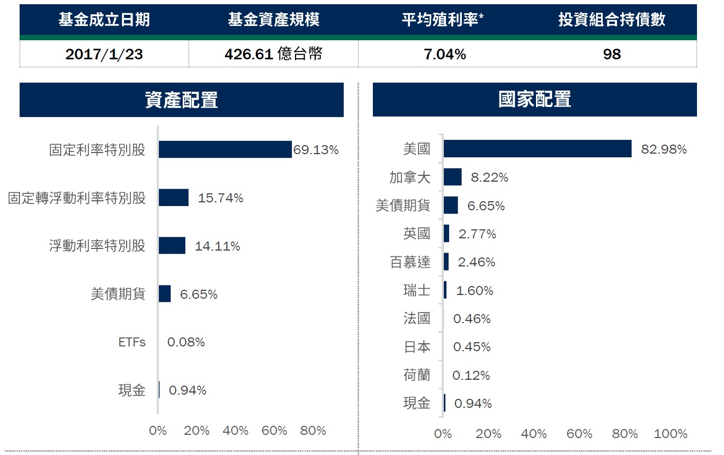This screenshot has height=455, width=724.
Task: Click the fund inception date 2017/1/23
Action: point(104,54)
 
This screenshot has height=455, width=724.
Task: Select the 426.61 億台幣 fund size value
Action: point(273,53)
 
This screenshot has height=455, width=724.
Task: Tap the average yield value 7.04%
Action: point(445,54)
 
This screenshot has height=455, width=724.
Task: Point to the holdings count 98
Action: point(612,54)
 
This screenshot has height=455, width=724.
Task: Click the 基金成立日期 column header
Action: point(104,20)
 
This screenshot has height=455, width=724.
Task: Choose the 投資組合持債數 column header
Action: point(612,20)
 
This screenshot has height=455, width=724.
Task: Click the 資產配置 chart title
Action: point(181,100)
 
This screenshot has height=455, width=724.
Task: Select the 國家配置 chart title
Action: point(534,99)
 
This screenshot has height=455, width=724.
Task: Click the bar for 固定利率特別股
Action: point(225,149)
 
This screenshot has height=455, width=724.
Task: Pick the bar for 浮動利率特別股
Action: point(172,246)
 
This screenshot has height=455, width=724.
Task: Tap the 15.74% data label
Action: point(220,198)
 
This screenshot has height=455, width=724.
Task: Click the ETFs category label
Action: point(132,342)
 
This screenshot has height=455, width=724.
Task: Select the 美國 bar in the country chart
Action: point(538,149)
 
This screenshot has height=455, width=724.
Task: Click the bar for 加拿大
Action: point(452,177)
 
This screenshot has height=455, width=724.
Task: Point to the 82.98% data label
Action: point(664,149)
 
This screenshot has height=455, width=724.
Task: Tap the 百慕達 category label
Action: point(410,262)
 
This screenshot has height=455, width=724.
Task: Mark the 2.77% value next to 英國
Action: point(477,234)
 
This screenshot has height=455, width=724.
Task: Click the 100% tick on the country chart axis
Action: point(671,434)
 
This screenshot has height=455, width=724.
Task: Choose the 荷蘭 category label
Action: point(417,375)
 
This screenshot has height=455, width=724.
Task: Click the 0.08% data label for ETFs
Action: point(186,342)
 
